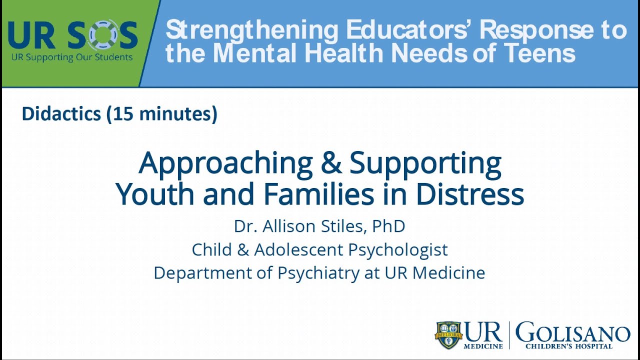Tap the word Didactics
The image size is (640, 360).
[61, 114]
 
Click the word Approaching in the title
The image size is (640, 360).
[225, 163]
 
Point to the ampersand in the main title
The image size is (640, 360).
[330, 163]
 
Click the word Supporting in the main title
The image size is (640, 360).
[425, 163]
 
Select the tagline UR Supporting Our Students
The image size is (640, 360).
[72, 57]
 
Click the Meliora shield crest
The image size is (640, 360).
[448, 334]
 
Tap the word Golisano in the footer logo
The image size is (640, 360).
[572, 332]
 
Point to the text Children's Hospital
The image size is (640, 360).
[568, 346]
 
